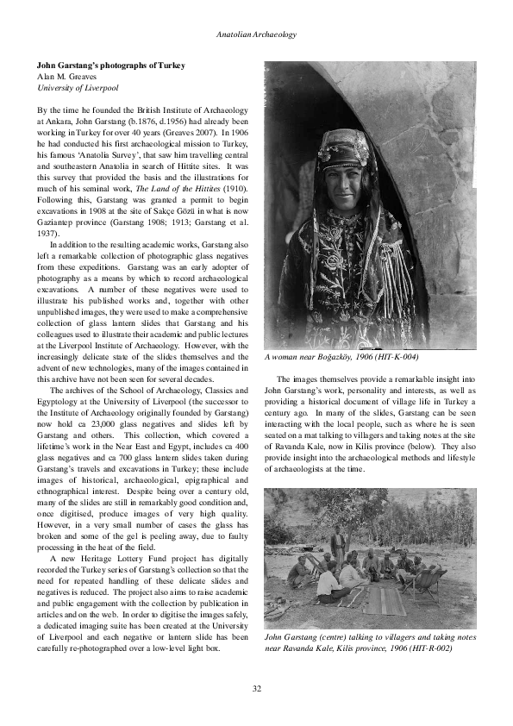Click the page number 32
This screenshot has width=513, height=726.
point(257,687)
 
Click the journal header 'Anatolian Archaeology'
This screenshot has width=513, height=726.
point(256,34)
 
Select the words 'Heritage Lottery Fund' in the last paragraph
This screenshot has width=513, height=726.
point(127,558)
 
